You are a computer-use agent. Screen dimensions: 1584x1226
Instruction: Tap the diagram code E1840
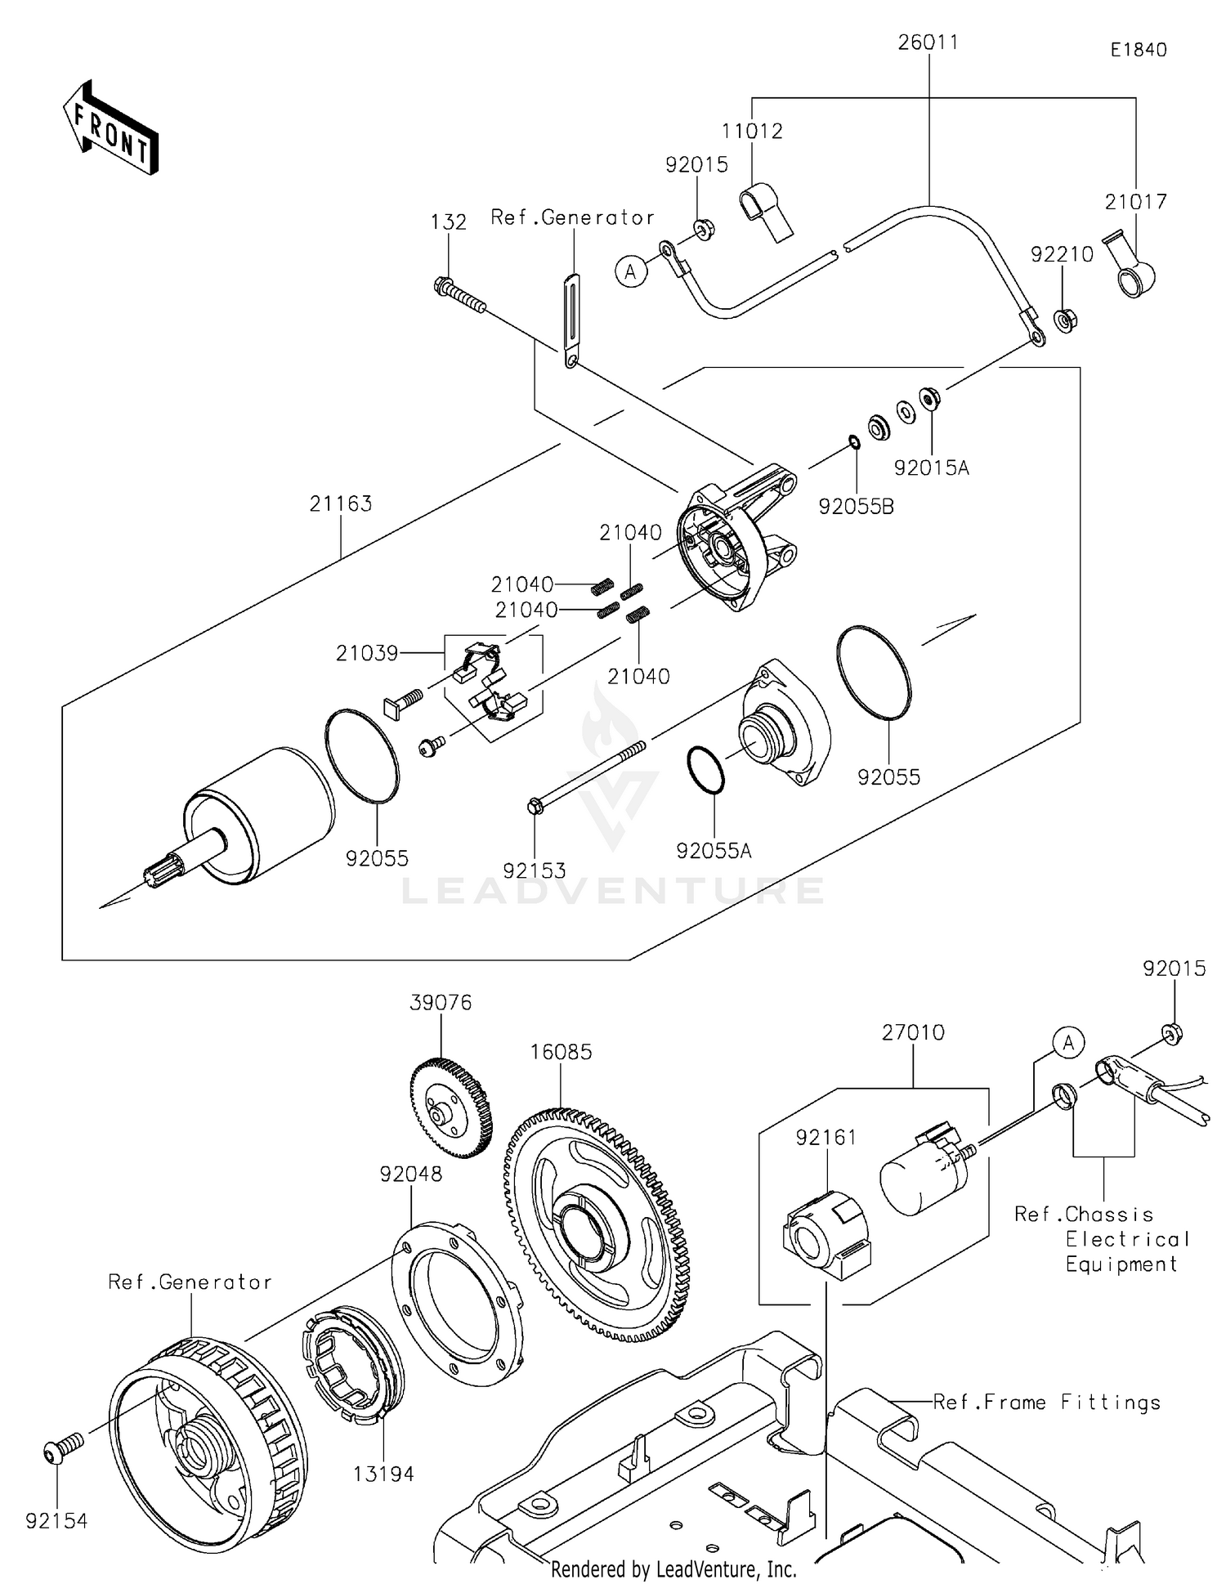pos(1138,50)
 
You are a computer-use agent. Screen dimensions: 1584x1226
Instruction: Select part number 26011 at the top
pos(928,42)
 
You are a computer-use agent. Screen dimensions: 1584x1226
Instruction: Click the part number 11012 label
pos(752,131)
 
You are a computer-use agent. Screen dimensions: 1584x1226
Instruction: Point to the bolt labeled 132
pos(459,295)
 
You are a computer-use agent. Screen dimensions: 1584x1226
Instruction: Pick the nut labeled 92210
pos(1065,320)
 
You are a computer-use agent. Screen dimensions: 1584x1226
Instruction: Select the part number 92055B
pos(856,507)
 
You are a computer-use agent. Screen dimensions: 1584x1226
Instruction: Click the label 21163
pos(341,503)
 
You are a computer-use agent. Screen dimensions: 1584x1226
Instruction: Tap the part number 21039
pos(367,653)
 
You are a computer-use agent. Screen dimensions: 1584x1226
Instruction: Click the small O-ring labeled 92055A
pos(705,770)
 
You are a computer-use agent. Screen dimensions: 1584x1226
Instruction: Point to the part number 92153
pos(535,871)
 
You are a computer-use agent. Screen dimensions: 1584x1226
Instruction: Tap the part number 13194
pos(383,1474)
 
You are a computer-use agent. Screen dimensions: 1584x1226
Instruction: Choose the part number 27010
pos(913,1032)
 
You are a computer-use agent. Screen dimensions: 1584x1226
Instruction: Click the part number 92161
pos(826,1137)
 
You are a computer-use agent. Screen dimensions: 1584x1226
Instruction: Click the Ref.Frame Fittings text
pos(1046,1403)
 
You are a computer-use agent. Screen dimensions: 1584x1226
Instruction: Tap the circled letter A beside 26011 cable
pos(630,271)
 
